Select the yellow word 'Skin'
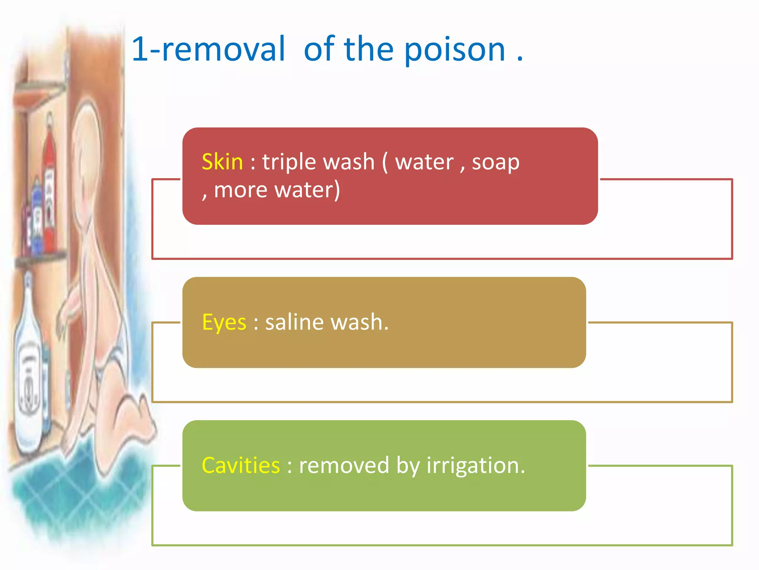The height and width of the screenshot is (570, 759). (x=222, y=162)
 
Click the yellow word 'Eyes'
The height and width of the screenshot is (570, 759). (x=224, y=322)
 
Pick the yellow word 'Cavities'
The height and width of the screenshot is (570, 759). (x=241, y=465)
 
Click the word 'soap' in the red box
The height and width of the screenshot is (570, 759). (x=495, y=163)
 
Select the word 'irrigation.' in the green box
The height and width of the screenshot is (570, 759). (x=476, y=465)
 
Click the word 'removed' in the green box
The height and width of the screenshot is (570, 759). (x=344, y=465)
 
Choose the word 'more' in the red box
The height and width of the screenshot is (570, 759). (x=241, y=190)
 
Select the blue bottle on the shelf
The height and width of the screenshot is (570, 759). (x=37, y=219)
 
